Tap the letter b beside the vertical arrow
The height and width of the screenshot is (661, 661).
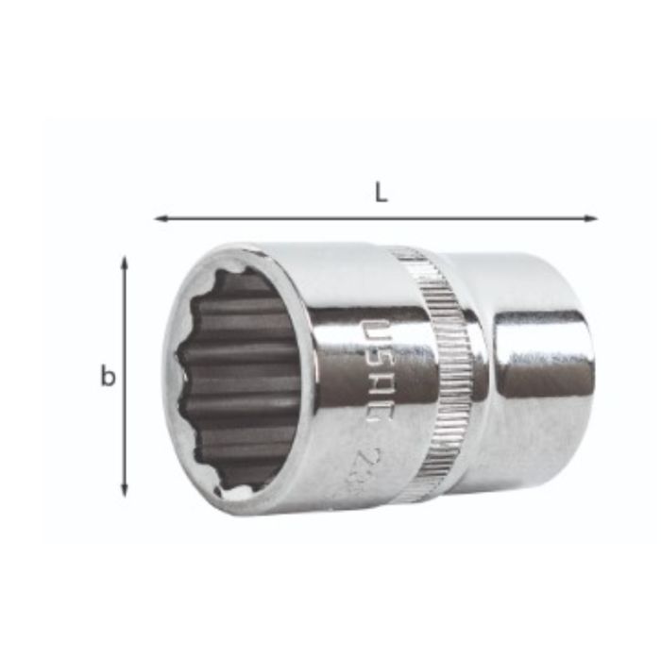pyautogui.click(x=109, y=377)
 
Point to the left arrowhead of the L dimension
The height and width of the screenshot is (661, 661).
pyautogui.click(x=160, y=219)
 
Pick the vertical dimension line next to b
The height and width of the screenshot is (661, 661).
pyautogui.click(x=125, y=378)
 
